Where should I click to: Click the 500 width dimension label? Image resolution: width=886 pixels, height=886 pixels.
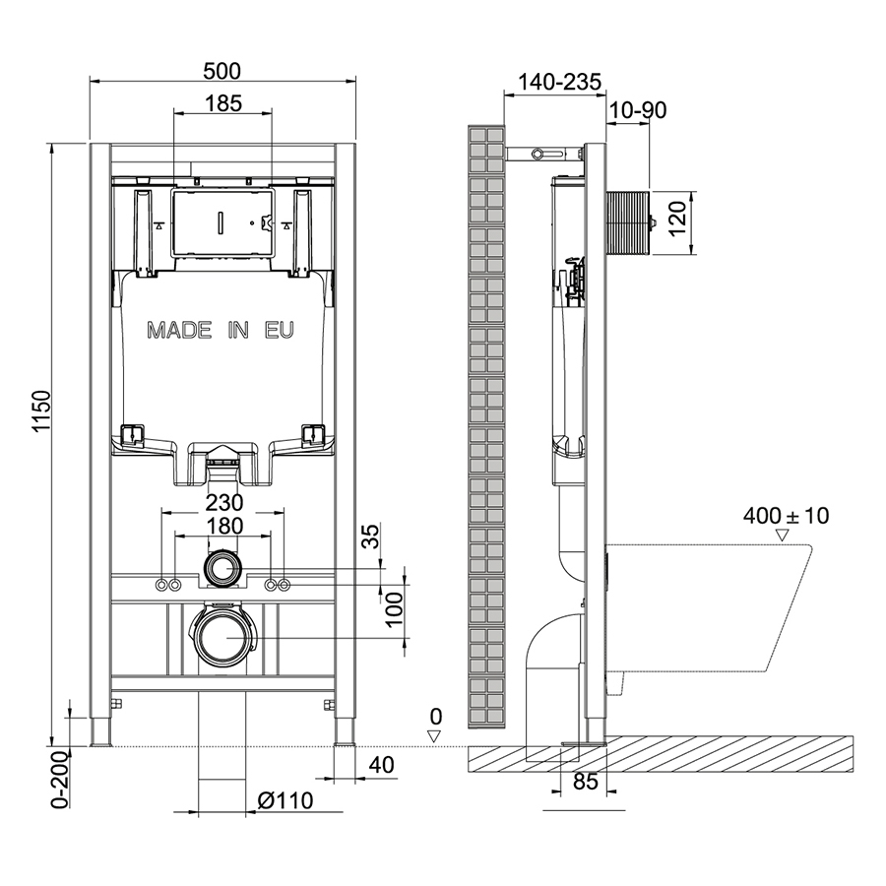tap(222, 71)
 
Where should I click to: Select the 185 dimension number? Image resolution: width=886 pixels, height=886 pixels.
tap(223, 103)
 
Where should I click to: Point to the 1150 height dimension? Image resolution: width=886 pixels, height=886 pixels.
tap(42, 411)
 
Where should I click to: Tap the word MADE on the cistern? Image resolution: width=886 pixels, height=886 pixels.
tap(180, 330)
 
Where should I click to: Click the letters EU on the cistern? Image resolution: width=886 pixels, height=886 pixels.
tap(280, 330)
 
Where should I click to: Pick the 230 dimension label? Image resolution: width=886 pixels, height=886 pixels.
tap(224, 502)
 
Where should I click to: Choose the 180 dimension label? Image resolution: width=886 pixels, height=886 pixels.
tap(224, 526)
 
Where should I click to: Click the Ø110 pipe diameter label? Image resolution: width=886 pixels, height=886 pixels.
tap(285, 800)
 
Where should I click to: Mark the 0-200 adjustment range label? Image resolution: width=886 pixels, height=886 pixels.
tap(60, 780)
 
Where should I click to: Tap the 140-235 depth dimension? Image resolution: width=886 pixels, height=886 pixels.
tap(560, 82)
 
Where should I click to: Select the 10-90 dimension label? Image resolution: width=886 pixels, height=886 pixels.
tap(638, 109)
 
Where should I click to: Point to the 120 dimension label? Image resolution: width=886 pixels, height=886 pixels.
tap(677, 218)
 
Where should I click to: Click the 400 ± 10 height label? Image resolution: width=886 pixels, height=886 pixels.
tap(786, 515)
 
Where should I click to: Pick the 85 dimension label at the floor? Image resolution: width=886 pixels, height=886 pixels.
tap(585, 782)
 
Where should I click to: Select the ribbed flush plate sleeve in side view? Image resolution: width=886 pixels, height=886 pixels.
tap(627, 222)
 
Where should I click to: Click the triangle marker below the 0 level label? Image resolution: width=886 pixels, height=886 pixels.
tap(434, 735)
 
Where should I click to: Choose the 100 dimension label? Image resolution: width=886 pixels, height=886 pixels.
tap(395, 608)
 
